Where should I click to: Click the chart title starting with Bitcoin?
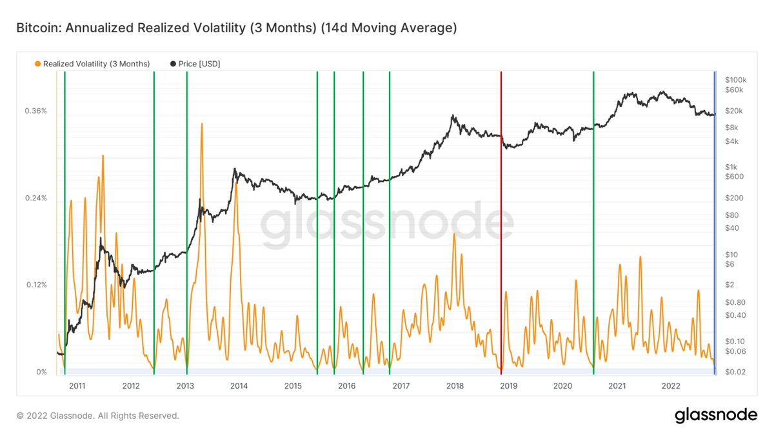(236, 28)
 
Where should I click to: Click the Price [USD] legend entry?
(196, 64)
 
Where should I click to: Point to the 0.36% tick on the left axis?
(35, 111)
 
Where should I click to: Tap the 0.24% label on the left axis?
(35, 198)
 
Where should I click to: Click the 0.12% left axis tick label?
(35, 285)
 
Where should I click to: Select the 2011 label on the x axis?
(77, 385)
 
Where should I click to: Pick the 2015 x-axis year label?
(293, 385)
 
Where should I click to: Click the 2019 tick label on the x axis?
(509, 385)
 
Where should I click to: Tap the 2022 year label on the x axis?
(671, 385)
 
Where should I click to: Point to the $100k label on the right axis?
(735, 79)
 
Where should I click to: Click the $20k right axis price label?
(733, 111)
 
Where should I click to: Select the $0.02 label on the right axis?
(735, 372)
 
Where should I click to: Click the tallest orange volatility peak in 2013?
(202, 124)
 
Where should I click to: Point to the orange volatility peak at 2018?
(454, 235)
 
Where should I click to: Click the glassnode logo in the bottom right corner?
(716, 416)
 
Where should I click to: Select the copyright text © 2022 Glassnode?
(97, 416)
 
